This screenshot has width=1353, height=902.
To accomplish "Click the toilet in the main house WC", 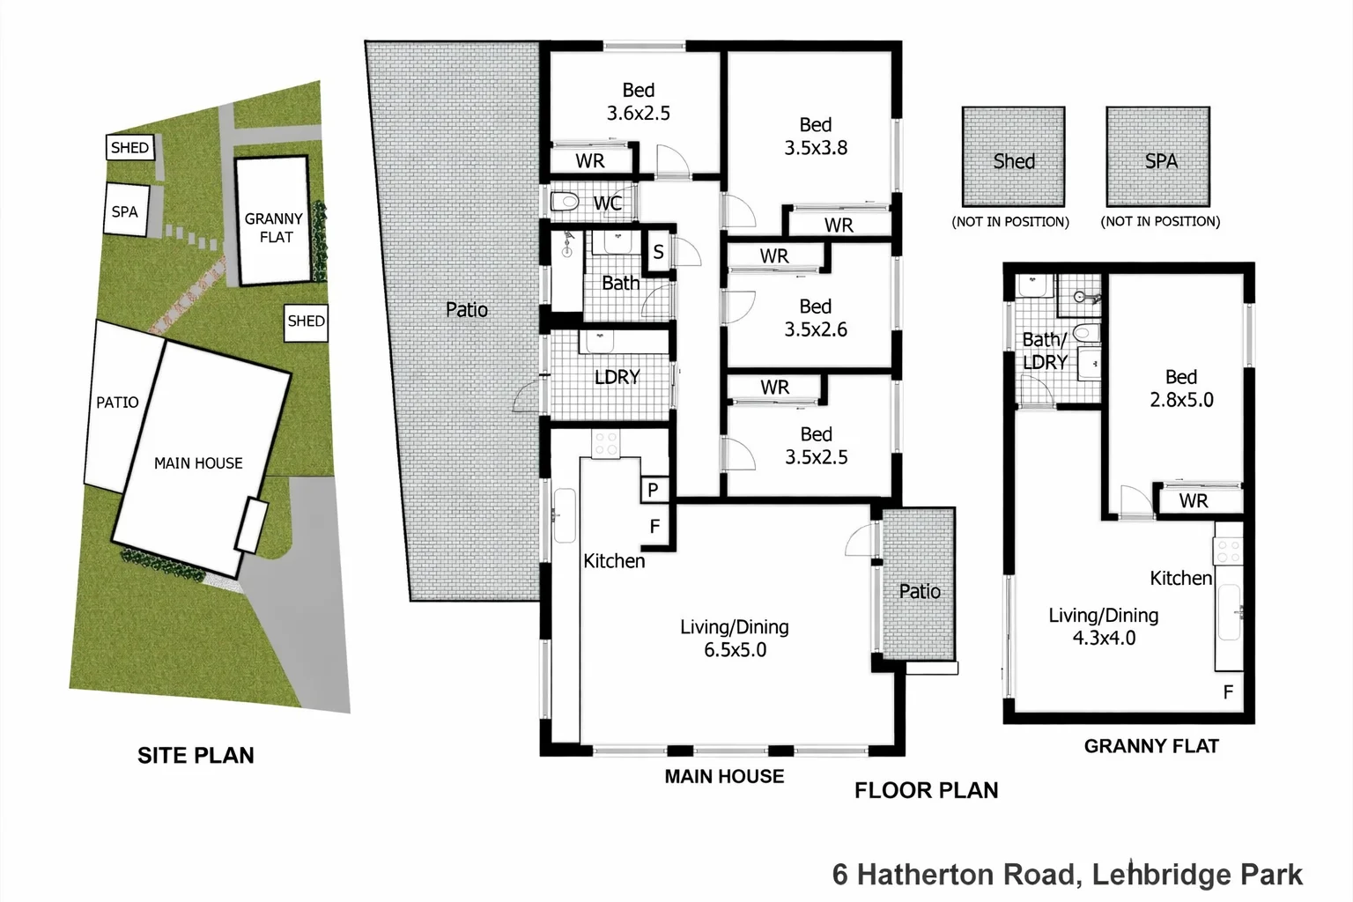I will pyautogui.click(x=565, y=203).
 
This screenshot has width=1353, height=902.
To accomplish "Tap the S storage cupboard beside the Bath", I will pyautogui.click(x=658, y=253).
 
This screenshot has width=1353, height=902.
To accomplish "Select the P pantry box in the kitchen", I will pyautogui.click(x=653, y=490).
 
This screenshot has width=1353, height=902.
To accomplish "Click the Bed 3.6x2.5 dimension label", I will pyautogui.click(x=638, y=102).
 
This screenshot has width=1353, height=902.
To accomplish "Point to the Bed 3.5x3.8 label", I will pyautogui.click(x=816, y=137).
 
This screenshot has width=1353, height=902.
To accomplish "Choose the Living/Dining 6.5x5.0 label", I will pyautogui.click(x=735, y=639).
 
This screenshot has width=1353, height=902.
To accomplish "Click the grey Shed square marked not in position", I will pyautogui.click(x=1013, y=157).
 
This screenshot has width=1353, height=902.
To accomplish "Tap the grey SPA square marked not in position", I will pyautogui.click(x=1158, y=157).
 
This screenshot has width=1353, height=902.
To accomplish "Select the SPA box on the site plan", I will pyautogui.click(x=125, y=211).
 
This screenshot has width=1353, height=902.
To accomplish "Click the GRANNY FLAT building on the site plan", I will pyautogui.click(x=274, y=222).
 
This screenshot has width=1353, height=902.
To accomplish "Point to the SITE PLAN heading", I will pyautogui.click(x=196, y=755).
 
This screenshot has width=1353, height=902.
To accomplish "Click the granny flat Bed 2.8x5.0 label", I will pyautogui.click(x=1180, y=388).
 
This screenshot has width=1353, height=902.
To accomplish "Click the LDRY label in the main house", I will pyautogui.click(x=617, y=377).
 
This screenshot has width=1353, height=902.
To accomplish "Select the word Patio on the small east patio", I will pyautogui.click(x=920, y=591).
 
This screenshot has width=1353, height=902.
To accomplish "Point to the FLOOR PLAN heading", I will pyautogui.click(x=926, y=790).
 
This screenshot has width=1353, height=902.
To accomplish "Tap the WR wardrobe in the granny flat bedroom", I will pyautogui.click(x=1194, y=501).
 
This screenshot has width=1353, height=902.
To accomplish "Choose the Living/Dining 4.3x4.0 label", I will pyautogui.click(x=1103, y=626).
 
